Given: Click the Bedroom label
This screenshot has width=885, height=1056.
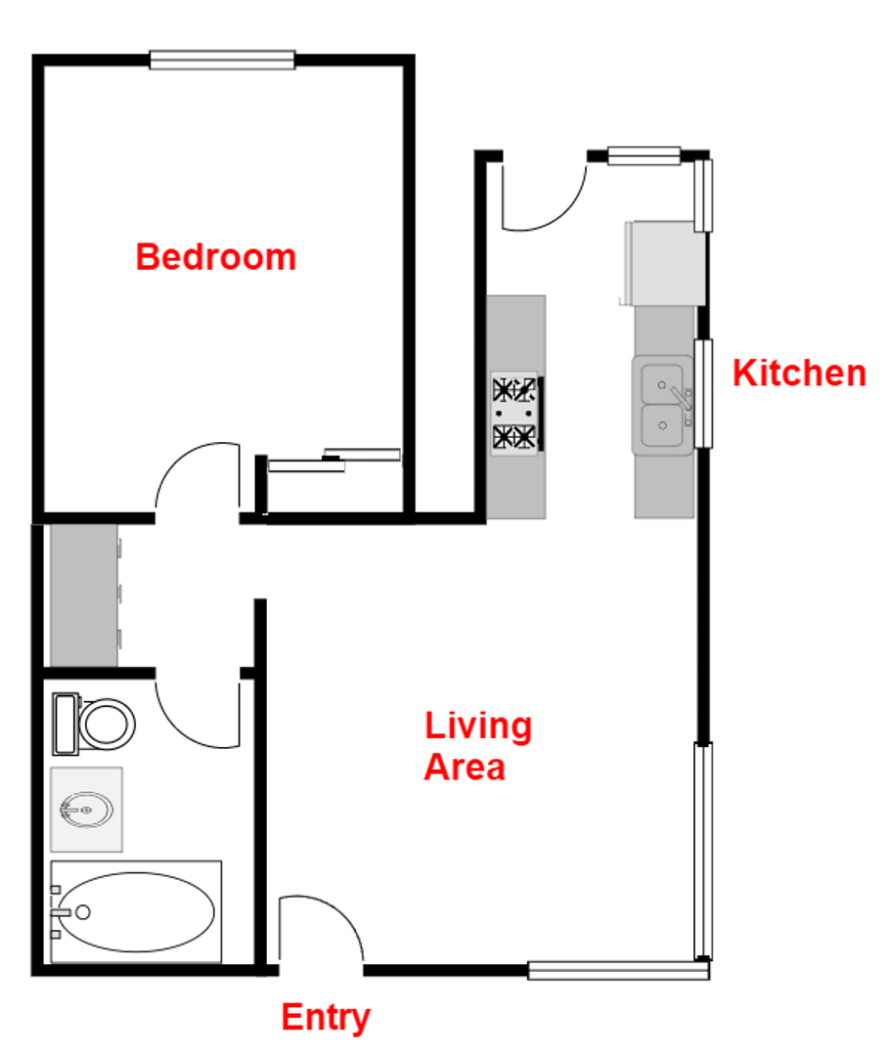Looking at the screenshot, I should [215, 257].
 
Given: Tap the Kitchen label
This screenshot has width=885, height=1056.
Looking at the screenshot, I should [799, 374].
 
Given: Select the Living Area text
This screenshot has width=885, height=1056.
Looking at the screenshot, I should [477, 746].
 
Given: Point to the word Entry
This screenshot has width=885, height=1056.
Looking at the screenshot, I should [326, 1018].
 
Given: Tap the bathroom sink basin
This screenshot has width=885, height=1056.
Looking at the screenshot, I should [88, 810].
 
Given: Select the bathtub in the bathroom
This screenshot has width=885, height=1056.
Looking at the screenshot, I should [137, 911].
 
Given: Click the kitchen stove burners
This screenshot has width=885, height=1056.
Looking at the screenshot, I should [515, 413].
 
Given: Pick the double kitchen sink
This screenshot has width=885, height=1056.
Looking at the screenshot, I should [664, 404].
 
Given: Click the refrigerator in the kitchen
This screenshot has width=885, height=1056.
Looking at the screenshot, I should [664, 261].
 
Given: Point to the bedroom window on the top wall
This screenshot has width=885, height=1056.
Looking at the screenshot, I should [222, 61].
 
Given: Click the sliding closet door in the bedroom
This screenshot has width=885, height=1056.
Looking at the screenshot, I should [334, 460].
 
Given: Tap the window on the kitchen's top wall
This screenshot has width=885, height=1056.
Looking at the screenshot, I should [644, 154].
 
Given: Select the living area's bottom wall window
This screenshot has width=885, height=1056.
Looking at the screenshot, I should [617, 970].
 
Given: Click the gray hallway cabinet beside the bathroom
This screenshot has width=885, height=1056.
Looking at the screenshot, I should [83, 596].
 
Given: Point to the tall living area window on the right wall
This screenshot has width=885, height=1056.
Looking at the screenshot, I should [702, 851].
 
